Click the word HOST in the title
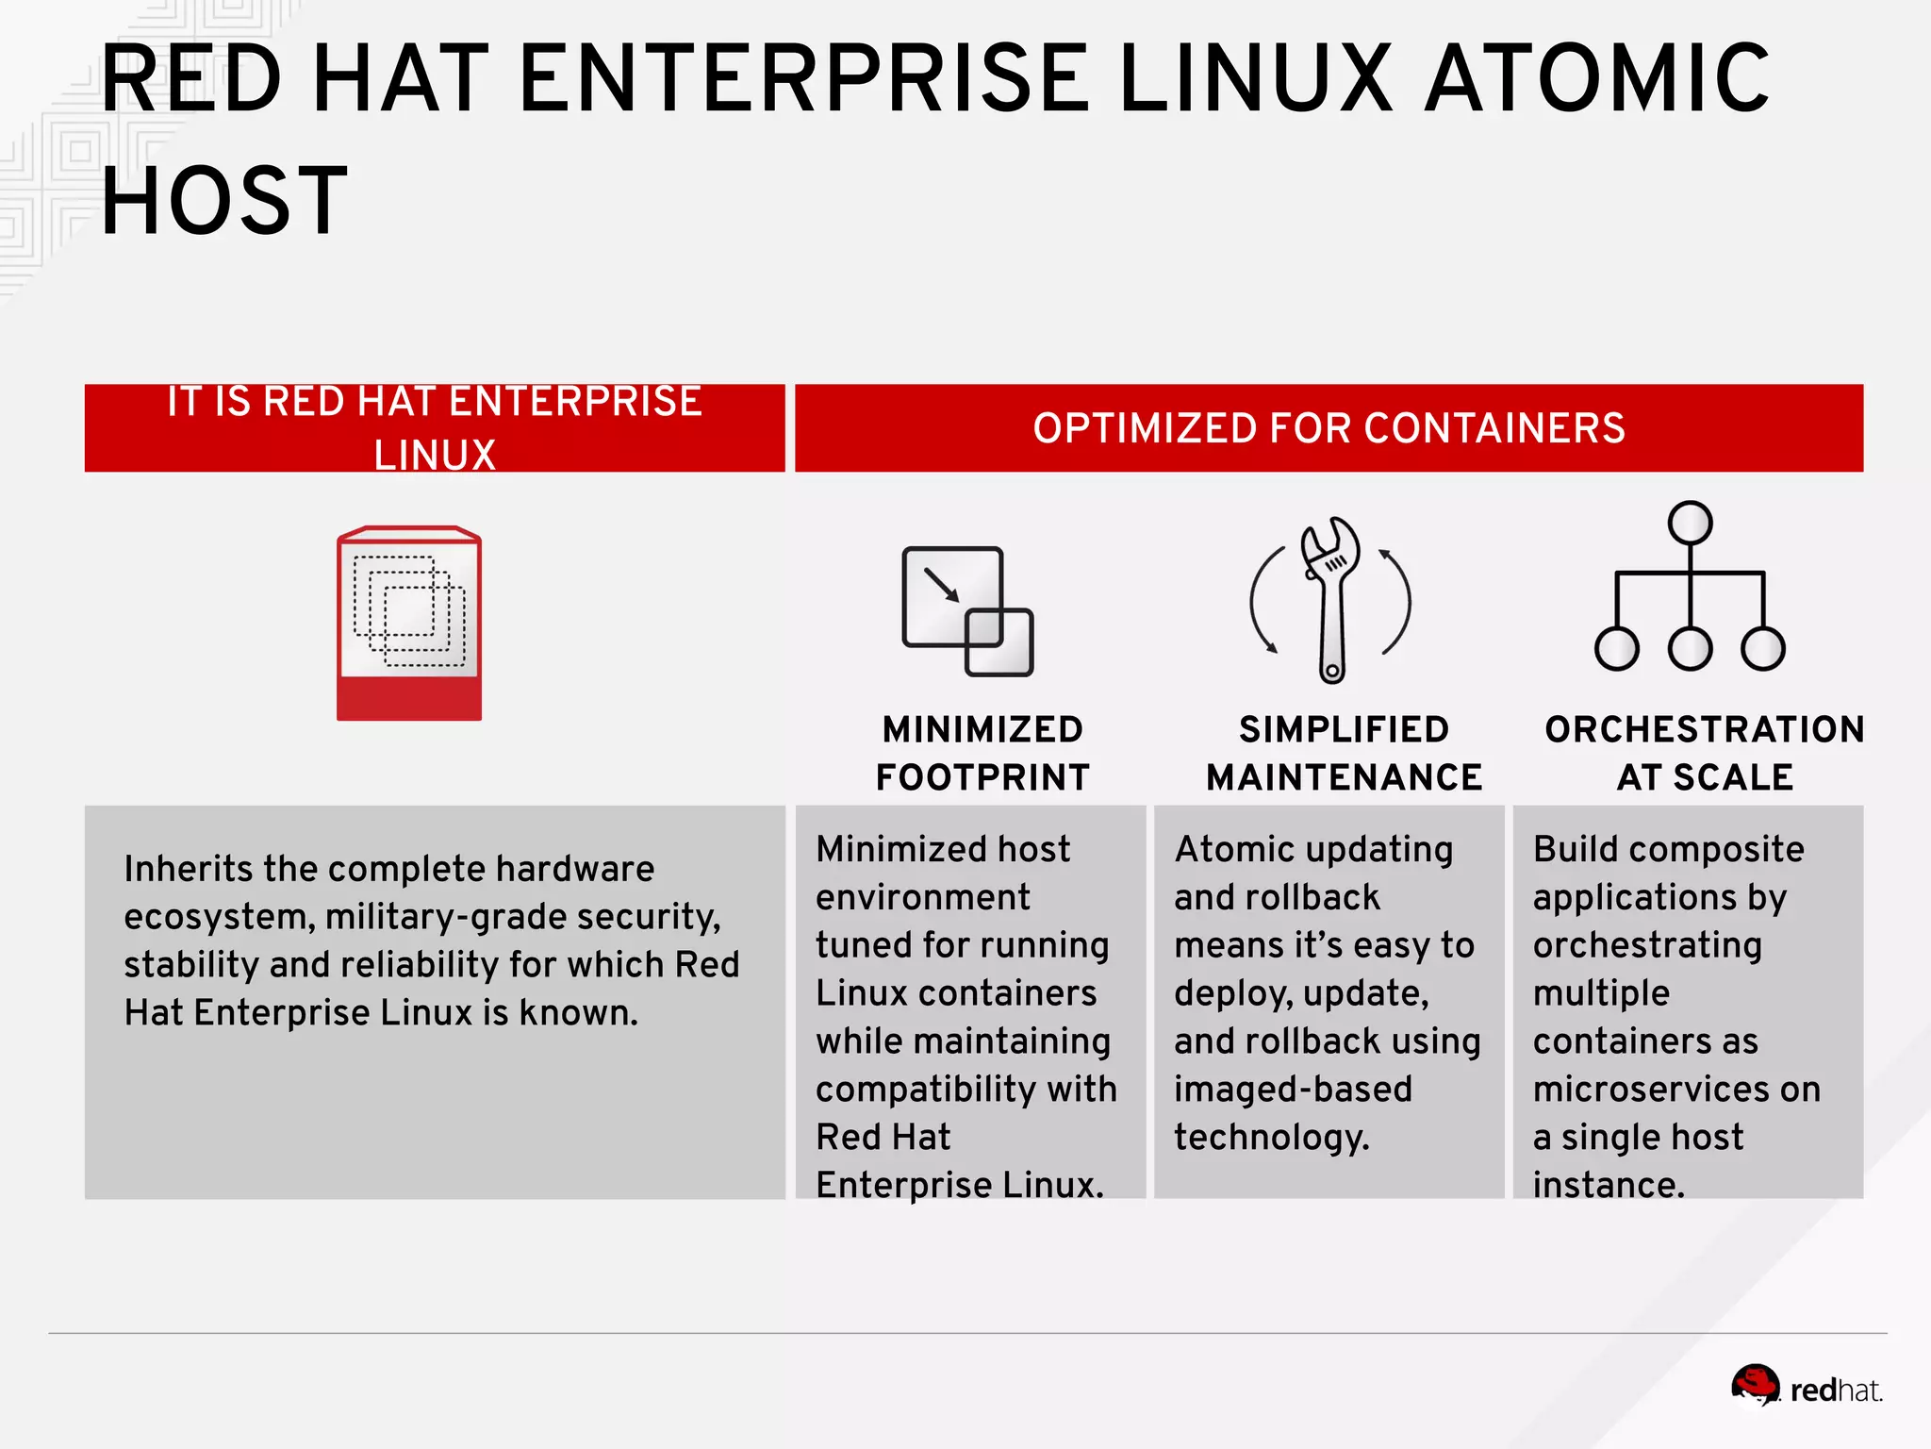224,201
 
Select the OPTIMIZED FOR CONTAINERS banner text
1329,428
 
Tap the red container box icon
409,624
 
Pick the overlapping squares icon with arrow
967,611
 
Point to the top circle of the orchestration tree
1690,523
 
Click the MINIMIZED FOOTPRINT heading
982,753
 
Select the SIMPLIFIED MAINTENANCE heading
1344,753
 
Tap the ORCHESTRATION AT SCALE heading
1705,753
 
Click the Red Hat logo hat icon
1756,1386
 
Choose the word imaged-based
1293,1090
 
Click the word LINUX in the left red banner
435,456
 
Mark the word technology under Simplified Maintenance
1271,1138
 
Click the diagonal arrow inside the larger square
941,584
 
